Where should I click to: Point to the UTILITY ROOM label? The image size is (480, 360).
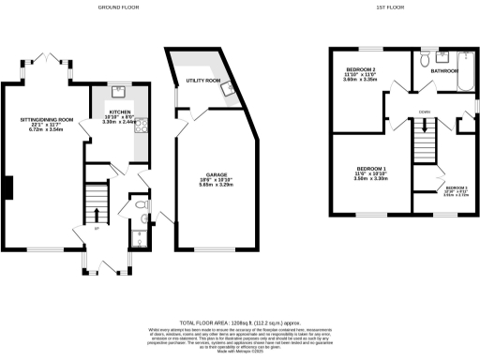(202, 82)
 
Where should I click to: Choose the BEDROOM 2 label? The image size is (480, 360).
(361, 71)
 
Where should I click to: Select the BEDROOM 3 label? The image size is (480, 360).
(457, 187)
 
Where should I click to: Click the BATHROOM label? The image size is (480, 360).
(445, 71)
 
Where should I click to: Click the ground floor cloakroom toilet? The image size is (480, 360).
(140, 204)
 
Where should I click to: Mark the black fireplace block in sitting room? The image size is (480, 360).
(7, 187)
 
